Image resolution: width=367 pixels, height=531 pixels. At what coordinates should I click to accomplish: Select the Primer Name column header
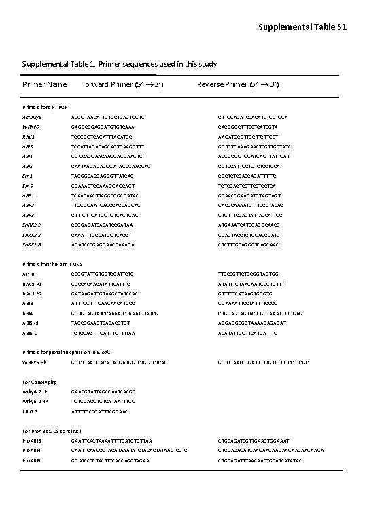pos(44,84)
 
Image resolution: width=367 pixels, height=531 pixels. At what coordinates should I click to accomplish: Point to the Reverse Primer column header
pos(238,84)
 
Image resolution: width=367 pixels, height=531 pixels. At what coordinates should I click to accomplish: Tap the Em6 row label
pos(27,185)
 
